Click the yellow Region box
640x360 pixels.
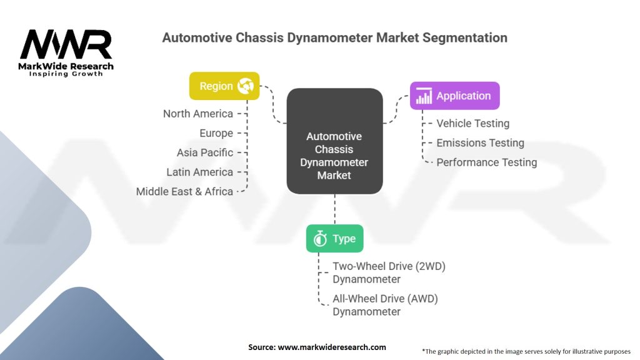pos(224,86)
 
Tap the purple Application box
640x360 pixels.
pos(455,96)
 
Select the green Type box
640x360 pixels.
pos(335,238)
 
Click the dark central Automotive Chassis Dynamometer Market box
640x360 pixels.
pos(335,141)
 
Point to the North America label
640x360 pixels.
pos(198,114)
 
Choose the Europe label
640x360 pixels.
pos(216,134)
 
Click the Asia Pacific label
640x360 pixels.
pos(205,152)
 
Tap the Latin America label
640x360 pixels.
pos(199,172)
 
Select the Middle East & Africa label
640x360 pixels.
pos(184,191)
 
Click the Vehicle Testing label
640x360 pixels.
pos(473,124)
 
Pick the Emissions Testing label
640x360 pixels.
pos(481,143)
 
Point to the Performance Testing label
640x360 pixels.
pos(487,162)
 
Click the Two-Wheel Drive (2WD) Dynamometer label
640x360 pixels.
pos(389,272)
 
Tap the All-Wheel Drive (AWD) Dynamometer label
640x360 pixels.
pos(385,305)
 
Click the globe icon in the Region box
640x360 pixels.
pos(245,86)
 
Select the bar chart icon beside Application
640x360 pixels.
pos(424,96)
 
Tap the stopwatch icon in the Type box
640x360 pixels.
pos(320,238)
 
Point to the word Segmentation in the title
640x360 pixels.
pos(465,38)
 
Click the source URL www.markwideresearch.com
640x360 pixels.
pos(332,347)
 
